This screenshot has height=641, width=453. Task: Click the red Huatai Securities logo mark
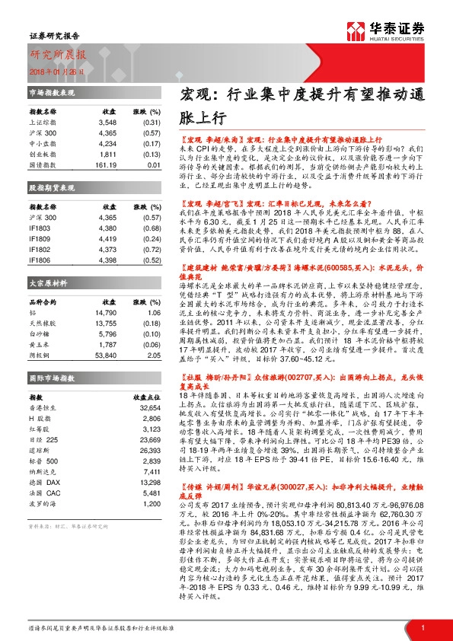click(x=355, y=32)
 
